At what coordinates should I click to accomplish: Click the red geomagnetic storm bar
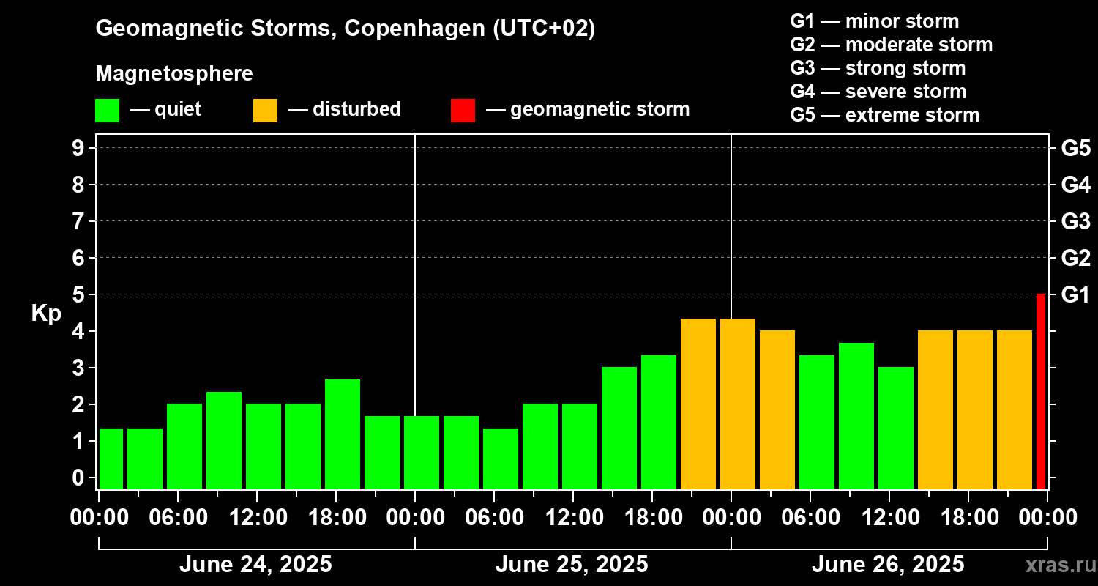click(1041, 391)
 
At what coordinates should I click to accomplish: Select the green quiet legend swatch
click(107, 111)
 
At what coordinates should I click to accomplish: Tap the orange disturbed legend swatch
click(265, 111)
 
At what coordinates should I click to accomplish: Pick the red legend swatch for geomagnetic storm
click(463, 111)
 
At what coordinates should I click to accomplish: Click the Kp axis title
click(46, 314)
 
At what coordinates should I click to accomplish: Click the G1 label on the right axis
click(1075, 294)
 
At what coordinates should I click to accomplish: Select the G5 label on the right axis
click(1075, 148)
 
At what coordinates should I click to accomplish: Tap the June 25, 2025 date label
click(572, 565)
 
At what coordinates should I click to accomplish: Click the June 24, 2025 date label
click(255, 565)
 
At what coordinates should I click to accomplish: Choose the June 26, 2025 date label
click(888, 565)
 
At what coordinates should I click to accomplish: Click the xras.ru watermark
click(1055, 565)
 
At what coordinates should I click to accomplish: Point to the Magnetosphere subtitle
click(174, 74)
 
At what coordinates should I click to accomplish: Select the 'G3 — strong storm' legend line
click(878, 68)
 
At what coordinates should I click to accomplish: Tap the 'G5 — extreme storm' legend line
click(884, 115)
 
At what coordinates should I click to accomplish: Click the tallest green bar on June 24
click(343, 434)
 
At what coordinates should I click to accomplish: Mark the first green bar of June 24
click(111, 459)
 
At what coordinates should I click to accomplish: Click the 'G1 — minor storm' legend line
click(874, 21)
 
